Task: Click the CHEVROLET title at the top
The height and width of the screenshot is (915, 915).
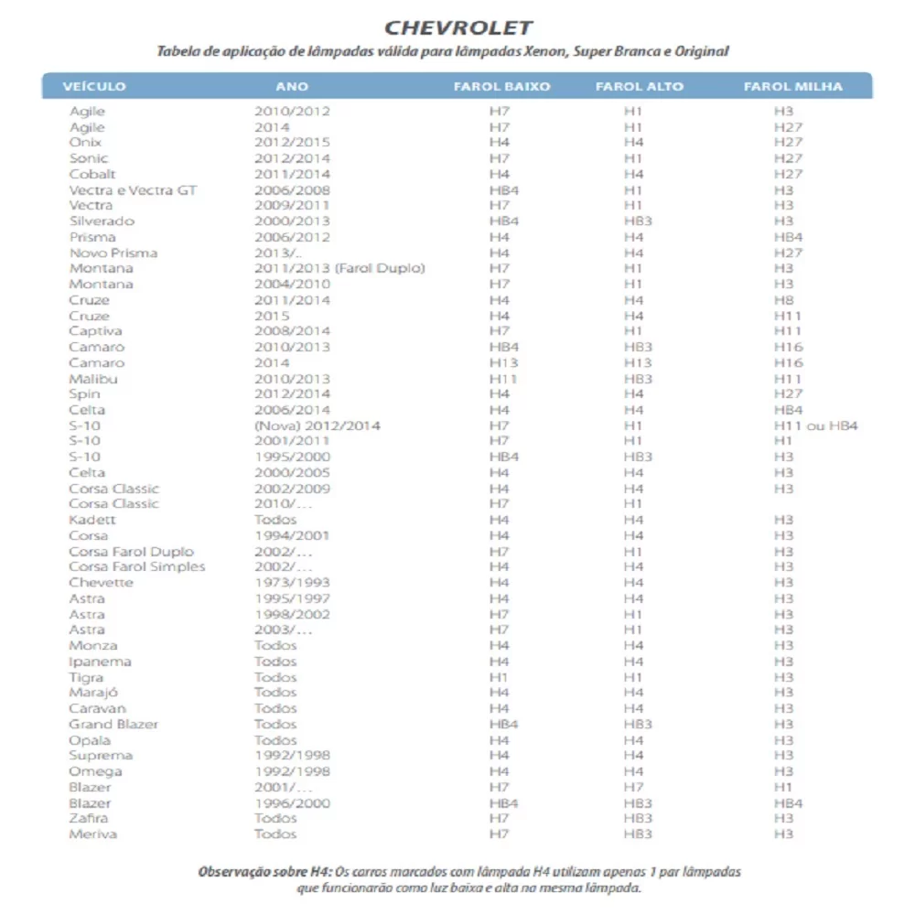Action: [458, 27]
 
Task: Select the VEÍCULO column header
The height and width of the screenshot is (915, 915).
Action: [94, 87]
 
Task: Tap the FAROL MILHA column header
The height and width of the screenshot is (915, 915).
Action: [792, 87]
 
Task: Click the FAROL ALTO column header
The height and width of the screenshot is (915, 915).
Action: [639, 87]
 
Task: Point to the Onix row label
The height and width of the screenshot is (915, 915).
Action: [85, 143]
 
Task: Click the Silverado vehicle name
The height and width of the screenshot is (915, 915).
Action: [102, 221]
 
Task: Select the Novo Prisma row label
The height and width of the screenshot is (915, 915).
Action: [113, 253]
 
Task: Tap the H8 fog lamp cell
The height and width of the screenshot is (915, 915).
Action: [783, 300]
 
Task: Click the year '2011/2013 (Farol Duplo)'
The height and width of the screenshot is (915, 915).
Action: [339, 268]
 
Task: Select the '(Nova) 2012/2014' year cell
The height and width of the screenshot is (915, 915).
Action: [317, 425]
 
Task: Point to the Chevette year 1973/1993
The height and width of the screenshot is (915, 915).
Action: [292, 583]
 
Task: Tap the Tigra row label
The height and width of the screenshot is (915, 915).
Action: [86, 677]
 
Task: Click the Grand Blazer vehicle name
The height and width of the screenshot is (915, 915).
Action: [113, 724]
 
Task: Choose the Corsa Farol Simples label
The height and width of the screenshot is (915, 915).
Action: [137, 566]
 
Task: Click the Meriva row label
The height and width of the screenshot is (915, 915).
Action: [92, 834]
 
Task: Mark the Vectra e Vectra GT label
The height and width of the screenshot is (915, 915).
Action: [133, 190]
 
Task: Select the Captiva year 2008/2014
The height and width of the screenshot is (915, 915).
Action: [292, 331]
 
